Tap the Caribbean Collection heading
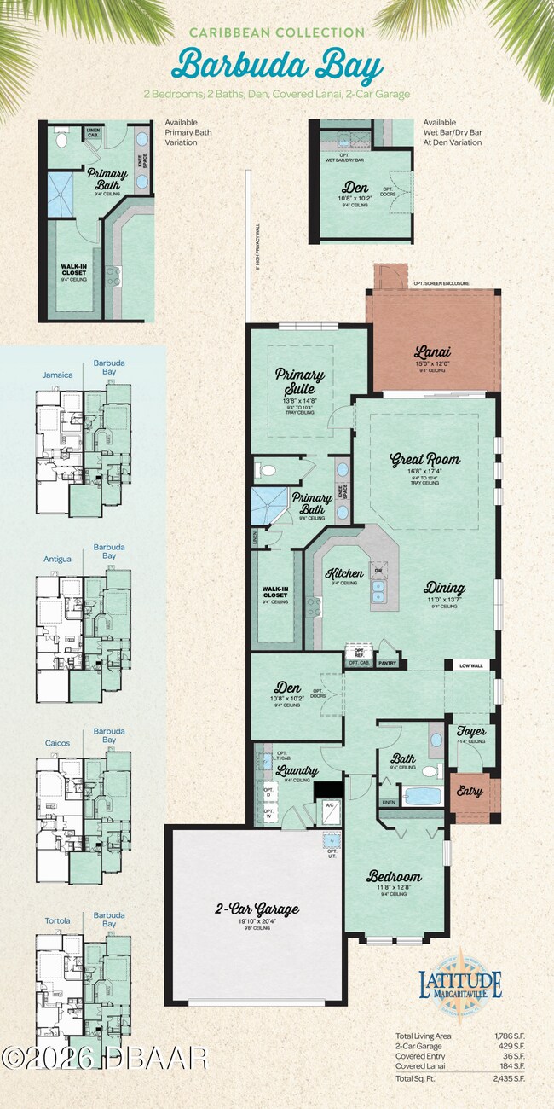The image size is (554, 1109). tap(277, 32)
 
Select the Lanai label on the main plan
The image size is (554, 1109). tap(432, 351)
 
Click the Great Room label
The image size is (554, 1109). tap(424, 460)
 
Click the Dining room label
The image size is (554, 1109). tap(445, 588)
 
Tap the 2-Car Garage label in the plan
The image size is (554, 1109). tap(257, 909)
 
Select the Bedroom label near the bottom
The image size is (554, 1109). tap(394, 876)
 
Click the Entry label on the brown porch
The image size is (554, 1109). tap(470, 792)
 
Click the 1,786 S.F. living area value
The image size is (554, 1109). tap(510, 1036)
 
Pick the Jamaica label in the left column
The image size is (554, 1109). tap(58, 375)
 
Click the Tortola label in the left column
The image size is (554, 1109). tap(58, 920)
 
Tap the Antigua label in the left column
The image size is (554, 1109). tap(58, 559)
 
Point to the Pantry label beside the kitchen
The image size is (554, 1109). tap(387, 662)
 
